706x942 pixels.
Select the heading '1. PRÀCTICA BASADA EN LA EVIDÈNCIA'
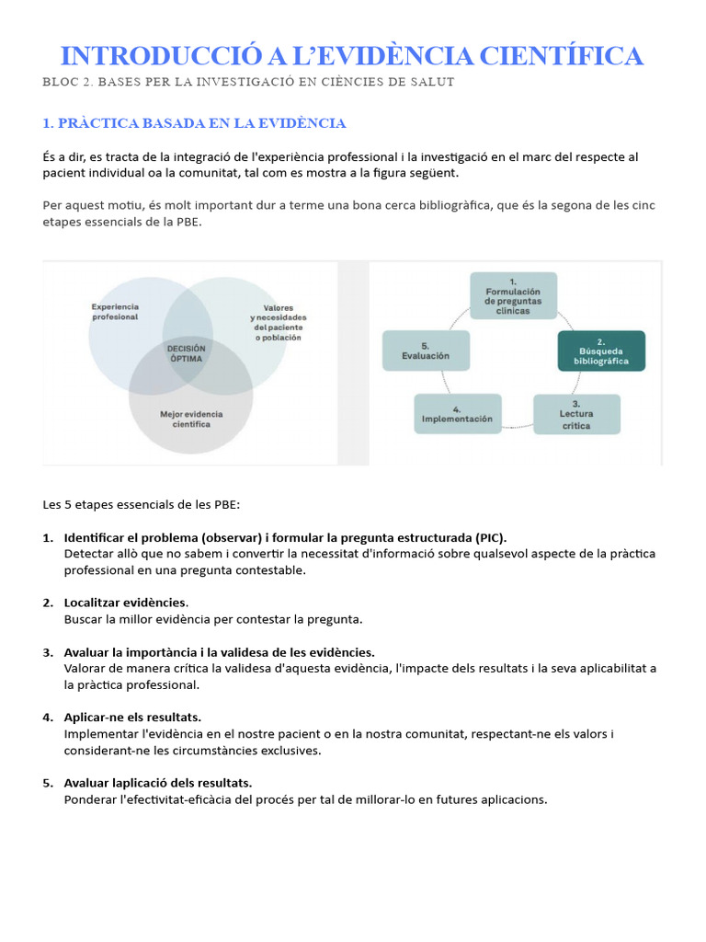click(x=194, y=122)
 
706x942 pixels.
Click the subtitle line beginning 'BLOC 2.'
click(x=248, y=82)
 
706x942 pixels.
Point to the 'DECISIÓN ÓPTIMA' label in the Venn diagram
click(x=186, y=352)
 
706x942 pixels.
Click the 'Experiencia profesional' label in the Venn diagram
click(x=115, y=311)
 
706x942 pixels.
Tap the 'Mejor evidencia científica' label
click(x=191, y=419)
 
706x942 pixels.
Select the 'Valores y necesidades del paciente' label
click(x=278, y=322)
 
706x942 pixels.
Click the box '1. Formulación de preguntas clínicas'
click(x=513, y=295)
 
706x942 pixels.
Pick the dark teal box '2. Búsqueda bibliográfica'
click(x=601, y=350)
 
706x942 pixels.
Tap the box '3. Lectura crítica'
click(x=576, y=414)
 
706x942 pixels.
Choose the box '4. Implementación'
click(x=458, y=414)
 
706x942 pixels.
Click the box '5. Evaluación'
click(x=426, y=350)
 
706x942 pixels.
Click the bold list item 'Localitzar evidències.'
click(x=126, y=603)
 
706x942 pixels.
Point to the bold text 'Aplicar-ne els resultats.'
click(x=132, y=717)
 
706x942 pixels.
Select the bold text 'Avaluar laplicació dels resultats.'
click(x=158, y=783)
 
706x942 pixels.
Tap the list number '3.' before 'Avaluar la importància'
click(x=48, y=652)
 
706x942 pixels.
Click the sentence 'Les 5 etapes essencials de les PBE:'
click(x=141, y=504)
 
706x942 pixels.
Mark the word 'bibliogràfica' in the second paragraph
click(x=451, y=205)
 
